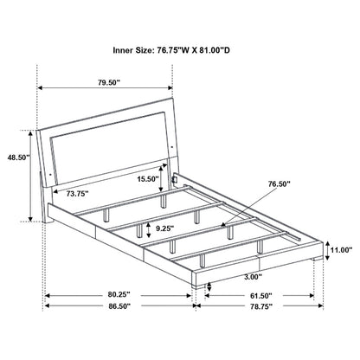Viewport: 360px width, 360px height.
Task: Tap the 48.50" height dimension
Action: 16,158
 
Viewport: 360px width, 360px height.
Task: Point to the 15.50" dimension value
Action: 148,178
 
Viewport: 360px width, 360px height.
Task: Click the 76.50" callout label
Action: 278,183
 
